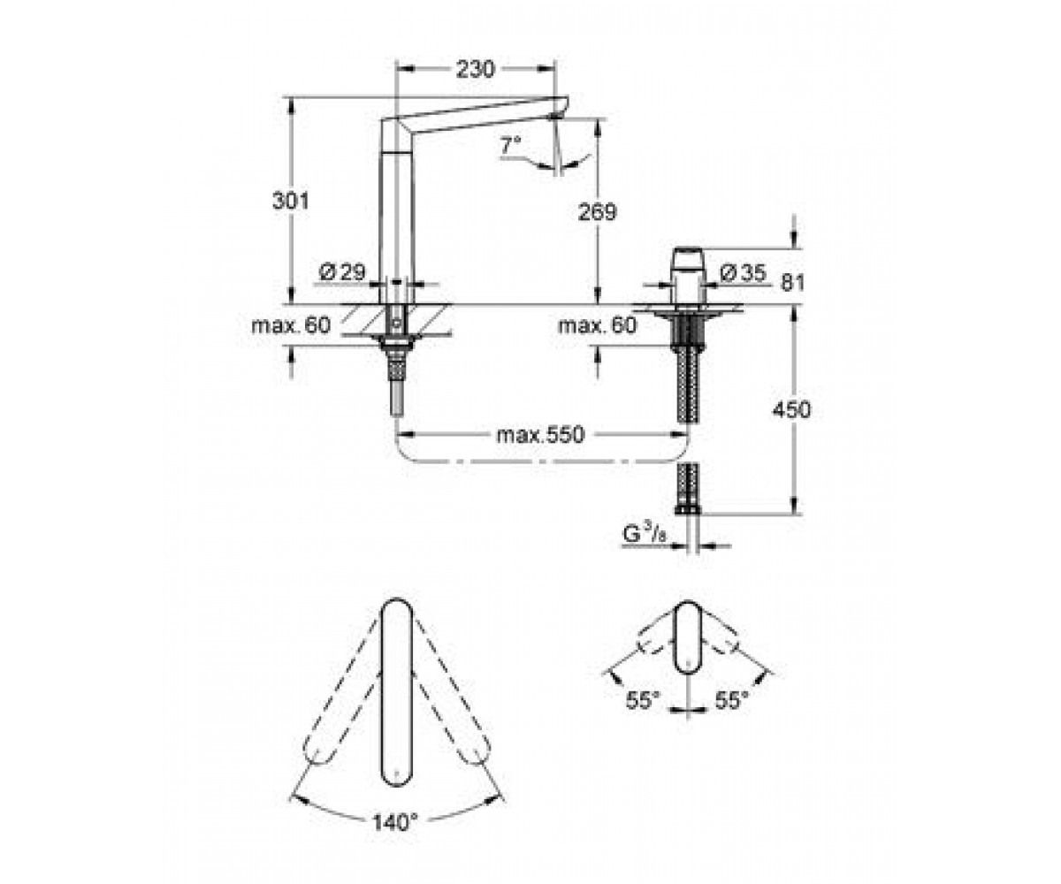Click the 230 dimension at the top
[x=475, y=70]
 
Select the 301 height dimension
[x=291, y=202]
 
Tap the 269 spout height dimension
[x=597, y=212]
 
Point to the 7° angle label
[x=511, y=145]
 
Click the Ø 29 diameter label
[x=342, y=272]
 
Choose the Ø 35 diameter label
[x=743, y=273]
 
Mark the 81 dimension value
[x=793, y=283]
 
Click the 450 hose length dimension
[x=791, y=409]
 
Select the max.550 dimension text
[x=540, y=435]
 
